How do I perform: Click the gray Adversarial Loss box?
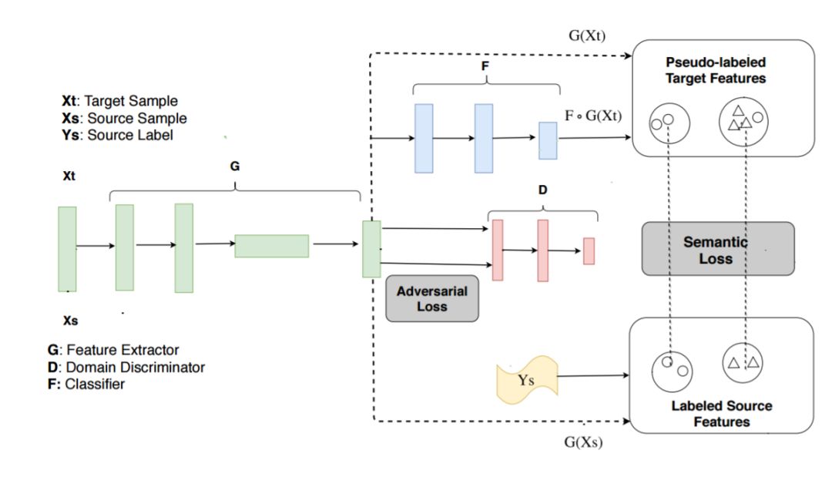click(432, 298)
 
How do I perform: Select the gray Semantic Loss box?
click(718, 248)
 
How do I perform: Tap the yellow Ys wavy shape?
click(527, 379)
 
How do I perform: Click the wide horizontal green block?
click(272, 246)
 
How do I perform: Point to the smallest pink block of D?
click(589, 251)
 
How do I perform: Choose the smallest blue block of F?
click(549, 140)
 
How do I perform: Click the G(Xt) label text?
click(587, 35)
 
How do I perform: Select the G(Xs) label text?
click(583, 442)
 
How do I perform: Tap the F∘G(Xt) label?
click(593, 116)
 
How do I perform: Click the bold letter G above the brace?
click(234, 166)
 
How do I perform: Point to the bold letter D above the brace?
click(542, 190)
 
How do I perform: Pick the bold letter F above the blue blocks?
click(485, 66)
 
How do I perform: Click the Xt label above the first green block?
click(69, 176)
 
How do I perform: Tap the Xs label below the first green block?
click(71, 321)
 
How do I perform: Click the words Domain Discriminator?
click(136, 367)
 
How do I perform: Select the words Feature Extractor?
click(122, 350)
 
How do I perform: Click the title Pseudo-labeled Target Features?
click(716, 70)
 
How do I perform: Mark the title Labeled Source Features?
click(722, 413)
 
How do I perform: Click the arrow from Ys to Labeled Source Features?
click(593, 375)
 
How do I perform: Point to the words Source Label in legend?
click(130, 136)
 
